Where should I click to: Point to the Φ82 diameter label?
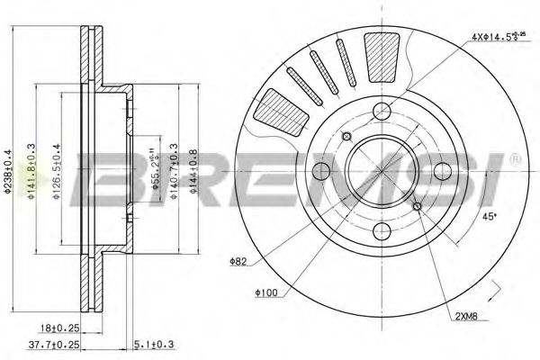(x=239, y=262)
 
